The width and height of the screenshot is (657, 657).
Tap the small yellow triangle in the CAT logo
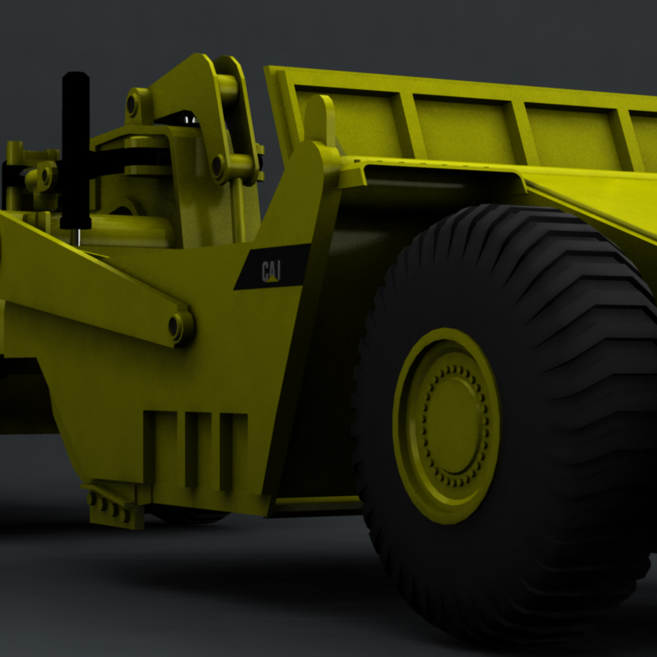(x=273, y=279)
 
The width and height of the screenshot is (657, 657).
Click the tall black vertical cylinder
(x=75, y=148)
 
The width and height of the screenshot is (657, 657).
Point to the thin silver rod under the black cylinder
(x=78, y=237)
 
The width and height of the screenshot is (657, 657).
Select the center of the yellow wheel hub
(x=448, y=425)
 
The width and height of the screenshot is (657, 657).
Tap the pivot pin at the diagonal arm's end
(x=180, y=326)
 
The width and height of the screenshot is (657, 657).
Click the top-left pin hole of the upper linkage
(x=133, y=105)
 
